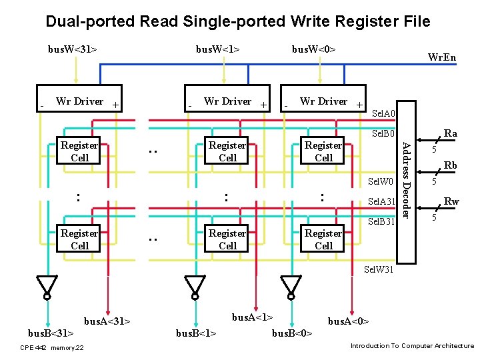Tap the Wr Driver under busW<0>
(x=324, y=102)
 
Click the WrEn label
(x=441, y=57)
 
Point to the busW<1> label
(x=217, y=49)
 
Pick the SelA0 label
(x=383, y=114)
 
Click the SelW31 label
(x=379, y=269)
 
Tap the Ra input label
(x=451, y=134)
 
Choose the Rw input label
(x=451, y=201)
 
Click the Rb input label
(x=451, y=165)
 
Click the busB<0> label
(x=292, y=333)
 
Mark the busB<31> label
(x=50, y=332)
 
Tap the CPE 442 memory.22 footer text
(x=52, y=347)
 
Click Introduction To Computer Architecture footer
(x=412, y=346)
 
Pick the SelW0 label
(x=381, y=182)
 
